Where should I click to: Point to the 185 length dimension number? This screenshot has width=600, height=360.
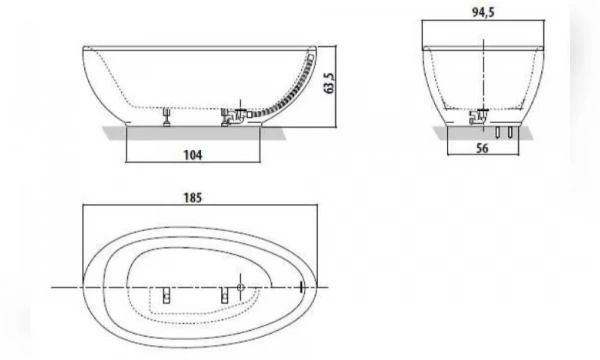[193, 197]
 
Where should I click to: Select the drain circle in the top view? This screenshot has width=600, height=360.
[240, 288]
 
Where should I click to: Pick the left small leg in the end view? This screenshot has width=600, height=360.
[498, 133]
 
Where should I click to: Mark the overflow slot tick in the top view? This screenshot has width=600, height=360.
[301, 288]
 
